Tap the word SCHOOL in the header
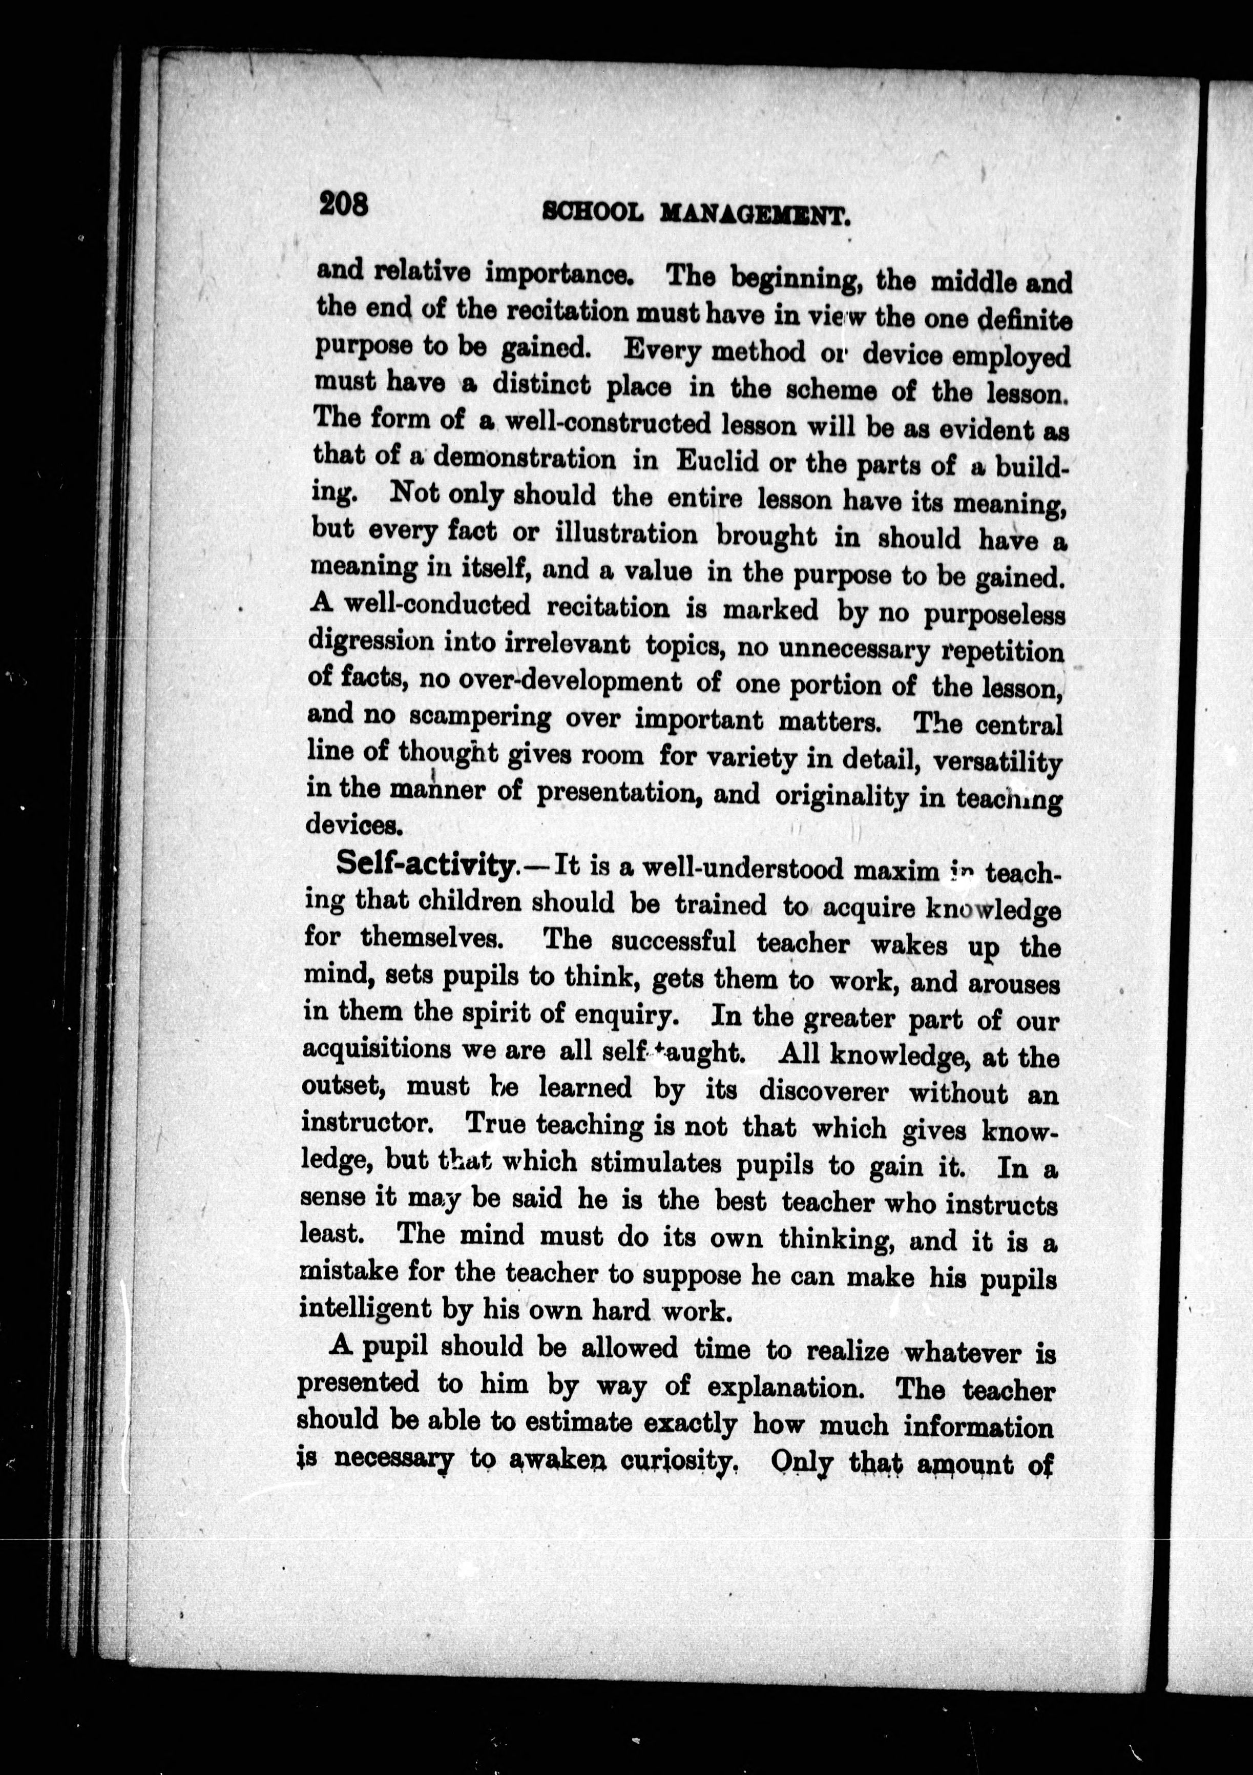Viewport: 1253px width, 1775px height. click(593, 212)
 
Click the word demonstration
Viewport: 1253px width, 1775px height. click(525, 459)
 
